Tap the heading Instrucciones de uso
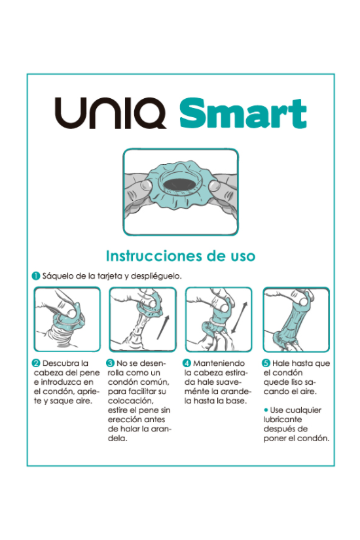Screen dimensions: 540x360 point(180,255)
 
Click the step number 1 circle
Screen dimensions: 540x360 point(37,276)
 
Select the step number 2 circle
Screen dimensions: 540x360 point(37,363)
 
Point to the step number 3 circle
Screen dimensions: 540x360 point(111,363)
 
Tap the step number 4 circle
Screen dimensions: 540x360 point(187,363)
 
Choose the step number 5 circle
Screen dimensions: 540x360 point(266,363)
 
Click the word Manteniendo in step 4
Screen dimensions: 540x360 point(218,363)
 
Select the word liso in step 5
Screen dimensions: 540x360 point(302,382)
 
